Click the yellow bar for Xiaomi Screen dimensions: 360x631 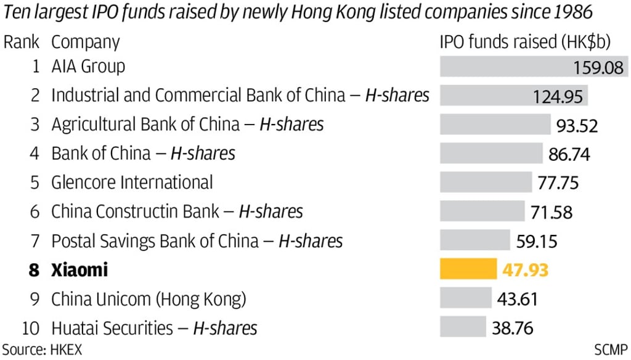tap(468, 269)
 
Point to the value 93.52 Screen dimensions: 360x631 tap(577, 125)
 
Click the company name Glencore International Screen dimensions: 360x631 tap(132, 182)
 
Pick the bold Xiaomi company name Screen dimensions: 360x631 tap(79, 270)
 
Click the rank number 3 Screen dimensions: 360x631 tap(35, 125)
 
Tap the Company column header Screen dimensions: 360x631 tap(85, 43)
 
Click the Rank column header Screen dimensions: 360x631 tap(22, 43)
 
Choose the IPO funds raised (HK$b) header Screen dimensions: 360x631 tap(525, 43)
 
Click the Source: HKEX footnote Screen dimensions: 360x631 tap(42, 350)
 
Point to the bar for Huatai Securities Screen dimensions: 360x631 tap(463, 327)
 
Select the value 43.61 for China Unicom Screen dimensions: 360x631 tap(517, 299)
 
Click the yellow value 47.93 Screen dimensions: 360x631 tap(524, 270)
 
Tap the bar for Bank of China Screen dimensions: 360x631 tap(491, 153)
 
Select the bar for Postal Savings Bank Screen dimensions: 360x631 tap(474, 240)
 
